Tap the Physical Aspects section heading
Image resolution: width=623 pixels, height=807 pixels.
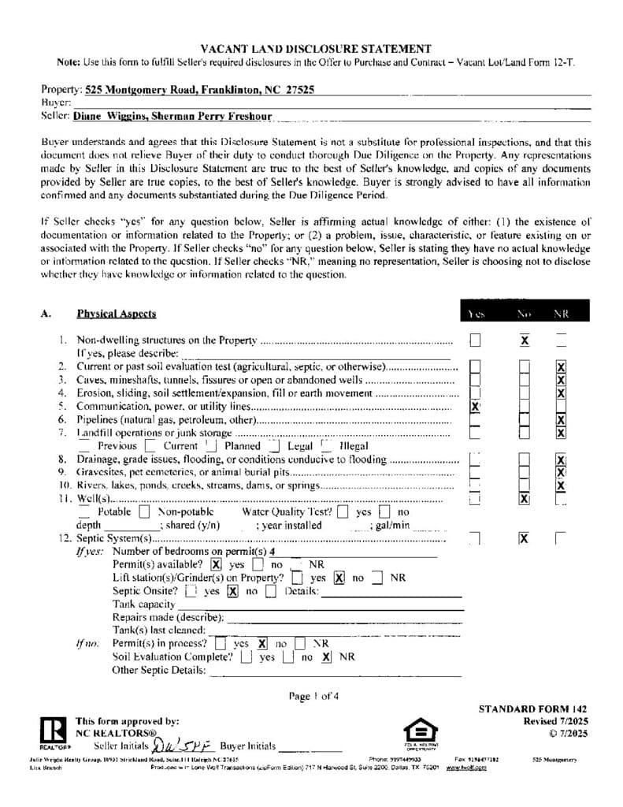[x=116, y=314]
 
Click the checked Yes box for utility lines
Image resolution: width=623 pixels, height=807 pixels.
[x=475, y=407]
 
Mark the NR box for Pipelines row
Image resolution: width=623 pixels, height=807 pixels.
[x=561, y=420]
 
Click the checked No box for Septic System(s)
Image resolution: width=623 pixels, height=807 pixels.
[x=524, y=538]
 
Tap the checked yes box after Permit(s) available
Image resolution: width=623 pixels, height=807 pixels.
[x=216, y=565]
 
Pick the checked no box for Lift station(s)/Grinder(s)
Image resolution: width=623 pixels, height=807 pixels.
[x=339, y=578]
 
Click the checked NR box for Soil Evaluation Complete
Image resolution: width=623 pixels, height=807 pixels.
[x=327, y=656]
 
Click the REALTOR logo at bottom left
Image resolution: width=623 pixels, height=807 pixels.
[x=54, y=733]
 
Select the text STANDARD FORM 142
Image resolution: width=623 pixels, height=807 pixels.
[x=532, y=709]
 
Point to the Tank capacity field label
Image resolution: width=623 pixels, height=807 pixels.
[x=144, y=604]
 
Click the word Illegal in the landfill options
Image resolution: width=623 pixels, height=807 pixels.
[x=353, y=446]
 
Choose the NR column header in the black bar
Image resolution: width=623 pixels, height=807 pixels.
[x=561, y=314]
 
